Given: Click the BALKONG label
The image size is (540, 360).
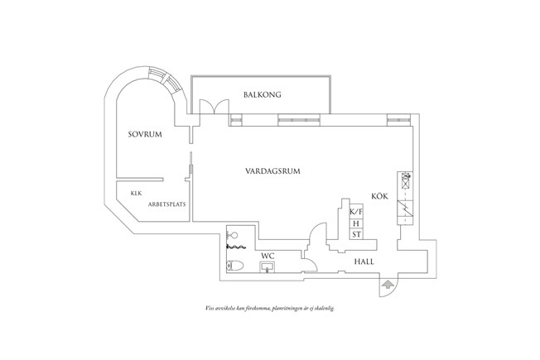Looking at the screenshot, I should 263,95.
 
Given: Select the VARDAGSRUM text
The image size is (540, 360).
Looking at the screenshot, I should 272,171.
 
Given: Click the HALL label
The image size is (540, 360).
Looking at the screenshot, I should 364,261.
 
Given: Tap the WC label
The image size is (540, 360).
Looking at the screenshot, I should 268,256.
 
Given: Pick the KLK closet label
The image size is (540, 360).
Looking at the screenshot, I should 135,193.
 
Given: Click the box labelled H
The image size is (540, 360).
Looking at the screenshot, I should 355,223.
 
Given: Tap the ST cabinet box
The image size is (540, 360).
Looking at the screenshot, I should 355,235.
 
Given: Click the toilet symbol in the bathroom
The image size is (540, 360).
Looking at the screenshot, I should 234,266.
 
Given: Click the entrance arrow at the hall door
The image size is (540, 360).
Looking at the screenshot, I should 385,285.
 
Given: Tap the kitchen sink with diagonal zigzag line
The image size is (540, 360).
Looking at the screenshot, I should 406,209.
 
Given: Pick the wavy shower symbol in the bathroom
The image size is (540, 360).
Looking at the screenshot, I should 237,247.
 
